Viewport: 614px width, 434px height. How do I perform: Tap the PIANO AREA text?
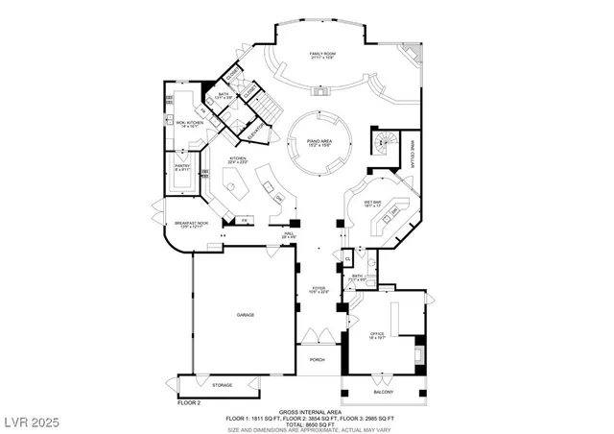coord(319,142)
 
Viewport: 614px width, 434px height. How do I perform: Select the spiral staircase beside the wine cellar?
coord(386,143)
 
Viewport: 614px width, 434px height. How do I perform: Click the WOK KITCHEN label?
coord(186,124)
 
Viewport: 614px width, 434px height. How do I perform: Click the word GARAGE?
coord(246,315)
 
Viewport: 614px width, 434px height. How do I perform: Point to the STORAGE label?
coord(222,385)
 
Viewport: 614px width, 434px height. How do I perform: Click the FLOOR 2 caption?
coord(190,403)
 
